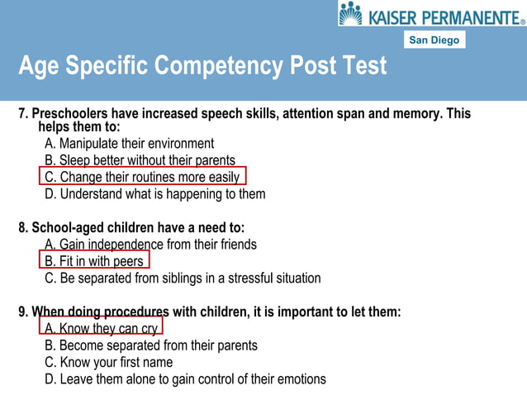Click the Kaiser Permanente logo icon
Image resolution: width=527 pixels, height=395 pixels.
click(x=350, y=13)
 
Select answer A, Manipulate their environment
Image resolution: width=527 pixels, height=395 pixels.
click(x=129, y=143)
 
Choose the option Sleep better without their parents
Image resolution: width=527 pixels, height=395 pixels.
click(x=140, y=160)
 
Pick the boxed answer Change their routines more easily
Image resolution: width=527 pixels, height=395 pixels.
click(x=142, y=177)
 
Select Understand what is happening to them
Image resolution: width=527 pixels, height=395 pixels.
click(x=155, y=194)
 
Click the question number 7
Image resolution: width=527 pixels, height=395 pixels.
click(x=22, y=113)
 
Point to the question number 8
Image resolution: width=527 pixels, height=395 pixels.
click(x=22, y=227)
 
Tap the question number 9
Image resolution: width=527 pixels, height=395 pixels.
click(x=22, y=312)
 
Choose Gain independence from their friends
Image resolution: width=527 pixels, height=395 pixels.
click(x=150, y=245)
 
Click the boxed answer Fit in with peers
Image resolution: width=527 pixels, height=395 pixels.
click(x=95, y=261)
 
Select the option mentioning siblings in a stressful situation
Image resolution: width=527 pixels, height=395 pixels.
click(x=183, y=278)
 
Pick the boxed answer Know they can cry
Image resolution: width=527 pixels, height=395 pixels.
click(x=102, y=328)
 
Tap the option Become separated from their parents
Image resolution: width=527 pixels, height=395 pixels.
click(x=151, y=345)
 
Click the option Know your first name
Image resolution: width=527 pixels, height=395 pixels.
click(x=109, y=362)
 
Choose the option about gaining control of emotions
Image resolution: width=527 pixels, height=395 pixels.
click(x=185, y=379)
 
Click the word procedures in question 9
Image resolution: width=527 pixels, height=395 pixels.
click(x=138, y=312)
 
